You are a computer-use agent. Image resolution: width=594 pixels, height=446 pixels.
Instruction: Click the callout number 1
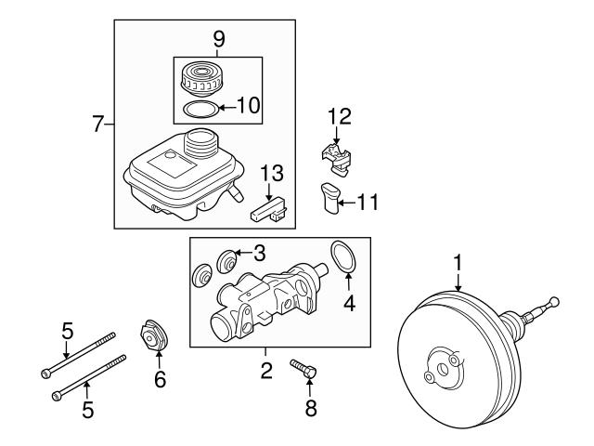pos(457,262)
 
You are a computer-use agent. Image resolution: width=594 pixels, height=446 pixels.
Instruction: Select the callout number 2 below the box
pos(265,372)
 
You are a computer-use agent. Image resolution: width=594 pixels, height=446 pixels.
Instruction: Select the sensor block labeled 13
pos(270,209)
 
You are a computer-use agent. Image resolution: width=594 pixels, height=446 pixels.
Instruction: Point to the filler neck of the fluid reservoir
pos(200,144)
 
